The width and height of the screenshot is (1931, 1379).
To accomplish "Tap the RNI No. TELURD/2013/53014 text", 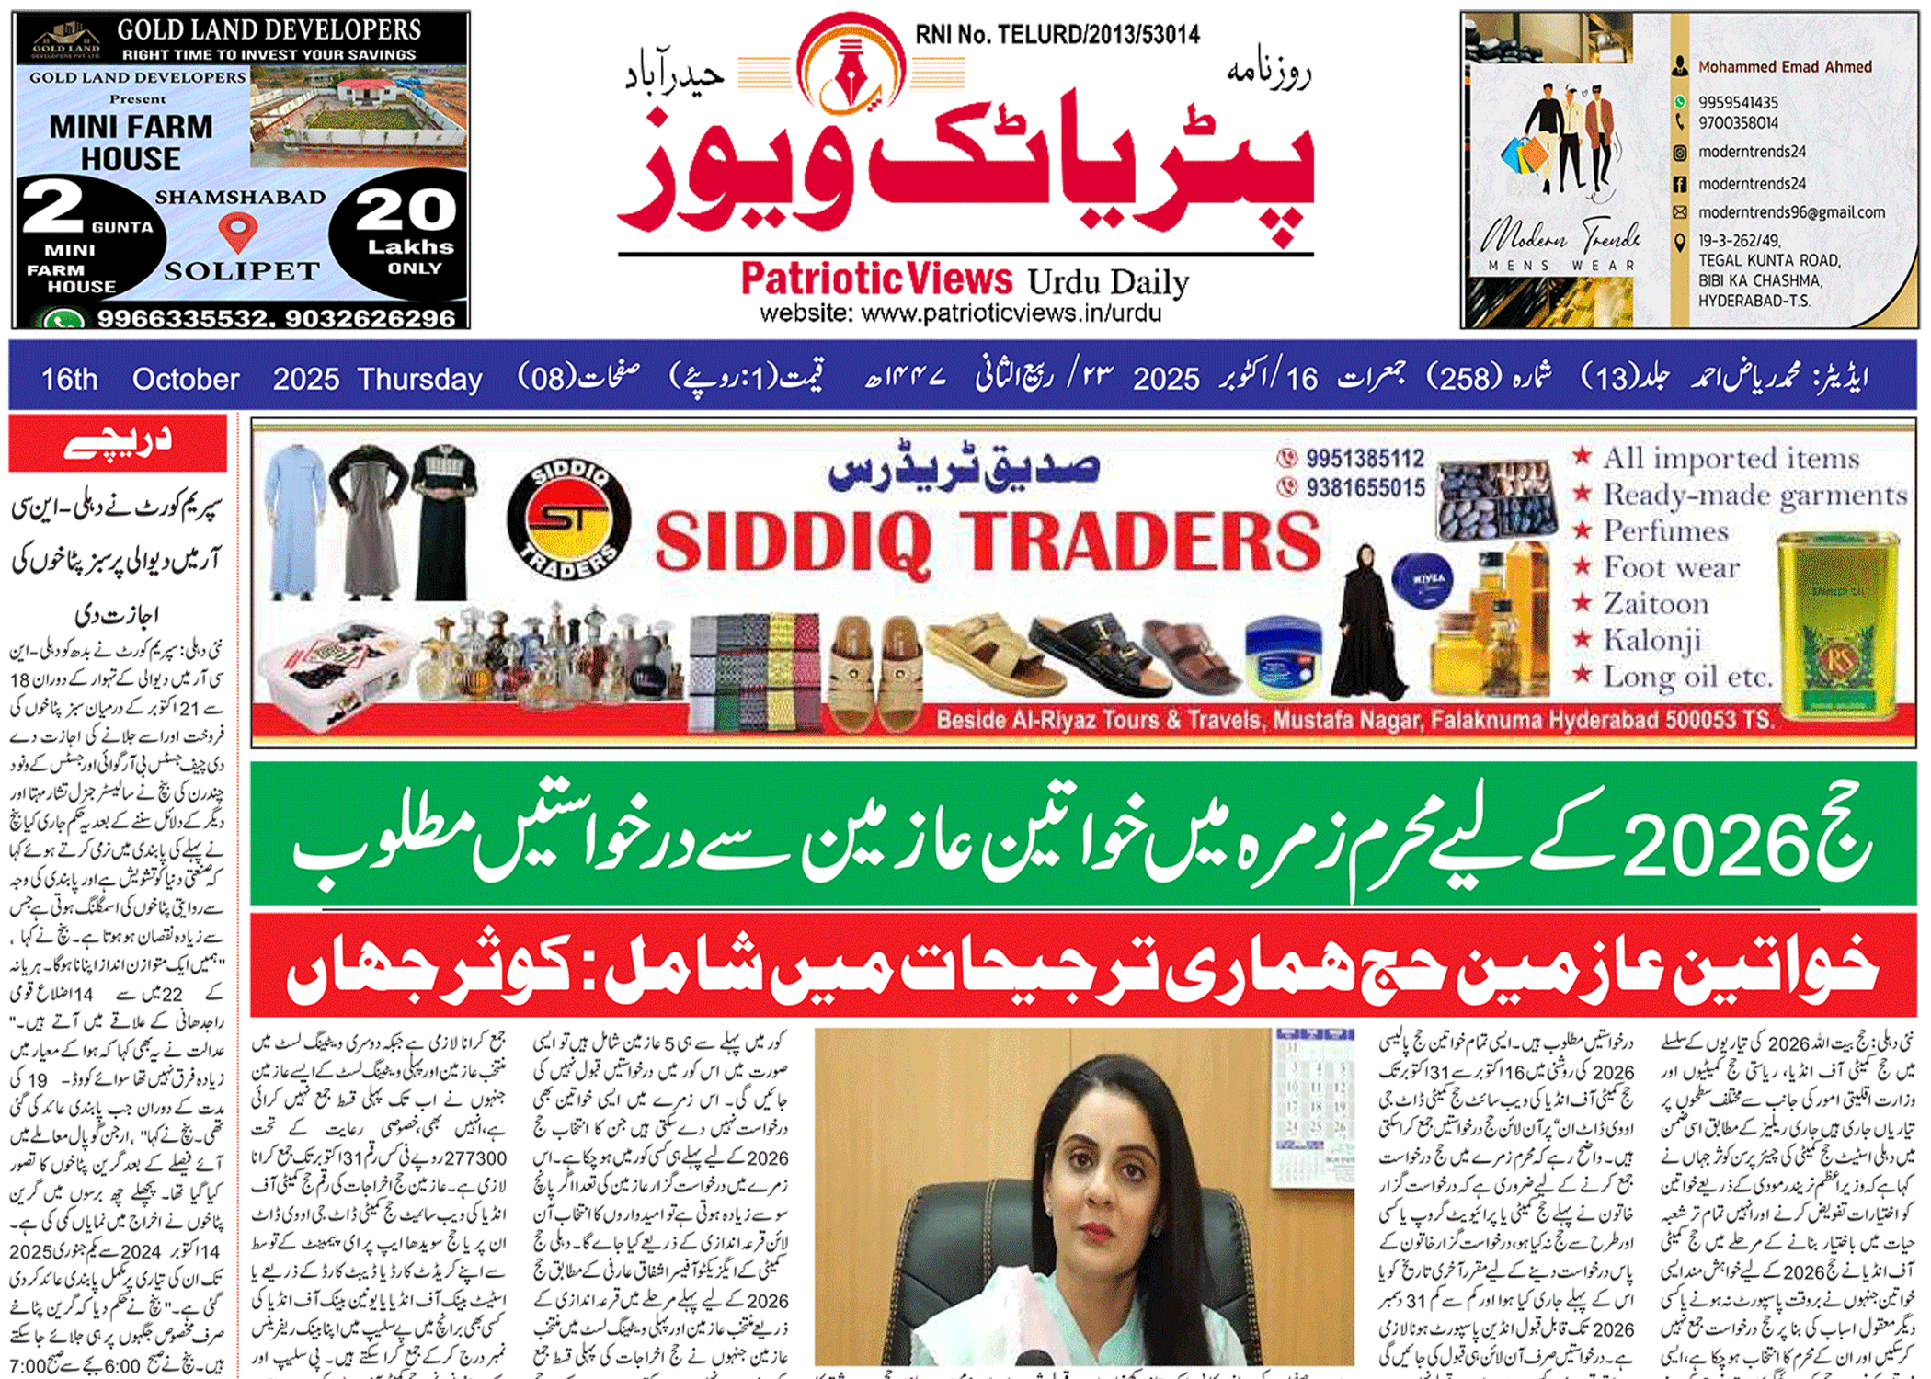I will (x=1057, y=35).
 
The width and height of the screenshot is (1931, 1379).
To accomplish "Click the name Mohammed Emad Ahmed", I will (x=1784, y=67).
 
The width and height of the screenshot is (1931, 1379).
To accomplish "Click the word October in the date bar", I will (x=186, y=379).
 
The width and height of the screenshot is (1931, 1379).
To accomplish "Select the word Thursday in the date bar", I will (x=419, y=379).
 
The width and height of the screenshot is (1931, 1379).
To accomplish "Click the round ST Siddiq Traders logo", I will (x=569, y=519).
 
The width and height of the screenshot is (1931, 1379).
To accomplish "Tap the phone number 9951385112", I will (x=1365, y=459).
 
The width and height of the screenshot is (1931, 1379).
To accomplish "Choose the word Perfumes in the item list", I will (x=1665, y=531).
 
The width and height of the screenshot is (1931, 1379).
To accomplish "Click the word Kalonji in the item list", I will (x=1651, y=640).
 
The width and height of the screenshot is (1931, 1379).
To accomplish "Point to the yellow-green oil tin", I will (x=1837, y=625).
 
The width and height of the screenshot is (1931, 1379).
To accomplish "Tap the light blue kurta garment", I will (x=292, y=520).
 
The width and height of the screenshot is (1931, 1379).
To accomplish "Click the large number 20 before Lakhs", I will (x=406, y=211).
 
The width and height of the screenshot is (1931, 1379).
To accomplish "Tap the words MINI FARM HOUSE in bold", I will (x=131, y=142).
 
